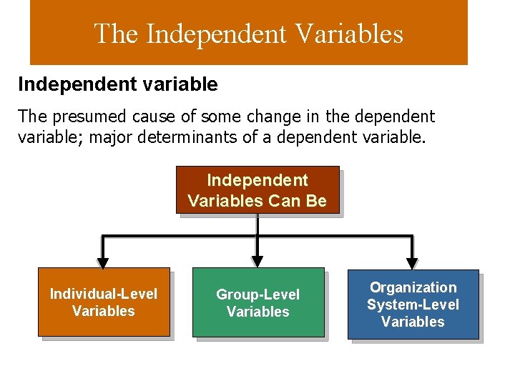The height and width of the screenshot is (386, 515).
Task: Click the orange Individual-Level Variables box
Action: point(104,302)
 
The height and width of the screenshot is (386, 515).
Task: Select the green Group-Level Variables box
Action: point(257,302)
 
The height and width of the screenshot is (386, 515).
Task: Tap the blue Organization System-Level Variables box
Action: point(413,305)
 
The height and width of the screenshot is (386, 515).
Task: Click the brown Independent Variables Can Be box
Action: point(257,190)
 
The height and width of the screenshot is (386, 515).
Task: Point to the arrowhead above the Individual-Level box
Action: point(103,262)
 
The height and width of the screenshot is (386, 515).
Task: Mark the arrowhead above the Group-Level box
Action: point(257,262)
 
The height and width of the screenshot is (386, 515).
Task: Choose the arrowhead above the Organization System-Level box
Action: point(412,262)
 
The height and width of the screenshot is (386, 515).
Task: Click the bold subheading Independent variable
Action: point(118,84)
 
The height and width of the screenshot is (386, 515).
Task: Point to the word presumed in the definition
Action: point(89,116)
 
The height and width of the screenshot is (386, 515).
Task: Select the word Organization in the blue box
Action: point(413,287)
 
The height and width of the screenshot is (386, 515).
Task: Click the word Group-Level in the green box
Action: point(257,295)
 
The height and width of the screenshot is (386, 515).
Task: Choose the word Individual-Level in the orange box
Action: point(104,294)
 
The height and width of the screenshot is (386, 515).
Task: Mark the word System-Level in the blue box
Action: point(413,305)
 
